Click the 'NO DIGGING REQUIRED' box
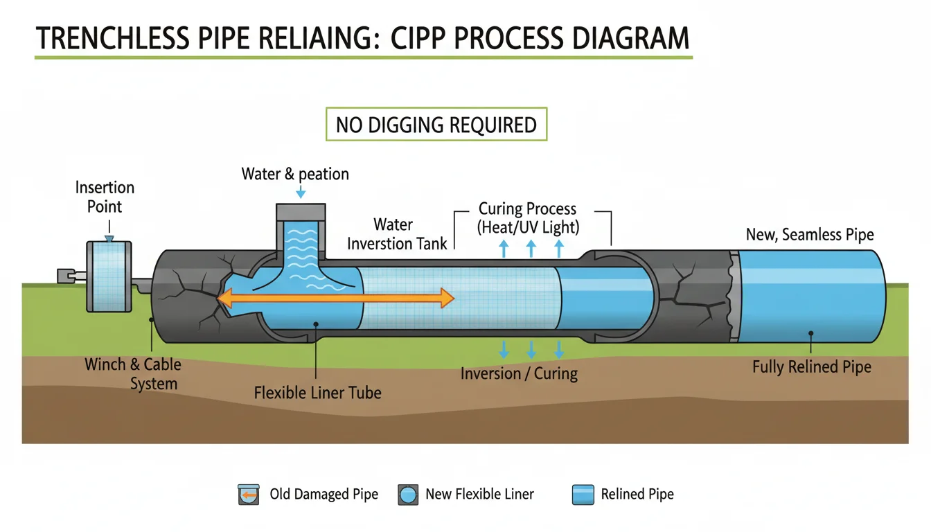(x=436, y=125)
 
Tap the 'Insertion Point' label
(x=105, y=197)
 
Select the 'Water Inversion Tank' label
(x=397, y=234)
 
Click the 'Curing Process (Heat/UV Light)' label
(x=527, y=218)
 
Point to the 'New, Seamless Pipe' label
(x=810, y=235)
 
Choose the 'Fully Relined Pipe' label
(x=812, y=366)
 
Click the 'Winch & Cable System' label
(x=133, y=373)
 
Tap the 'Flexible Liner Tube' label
(x=317, y=393)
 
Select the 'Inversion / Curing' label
(x=519, y=373)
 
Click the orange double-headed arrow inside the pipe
(x=335, y=299)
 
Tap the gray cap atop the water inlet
(x=301, y=211)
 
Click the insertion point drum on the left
(x=108, y=276)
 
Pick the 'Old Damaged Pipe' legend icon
(x=248, y=495)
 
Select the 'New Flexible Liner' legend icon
(x=409, y=495)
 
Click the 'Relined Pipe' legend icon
(x=583, y=495)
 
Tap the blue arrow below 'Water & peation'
(x=300, y=192)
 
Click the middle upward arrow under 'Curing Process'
(x=531, y=249)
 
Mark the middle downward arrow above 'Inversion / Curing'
(x=531, y=348)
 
